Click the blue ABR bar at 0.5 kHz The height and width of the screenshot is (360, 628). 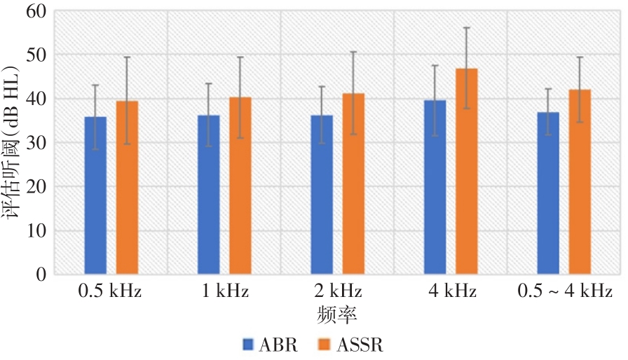click(95, 196)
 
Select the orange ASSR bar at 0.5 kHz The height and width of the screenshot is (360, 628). click(127, 188)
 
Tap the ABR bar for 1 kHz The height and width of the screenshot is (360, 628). click(209, 195)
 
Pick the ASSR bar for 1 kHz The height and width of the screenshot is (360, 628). click(240, 186)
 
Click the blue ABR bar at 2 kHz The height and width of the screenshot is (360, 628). click(322, 195)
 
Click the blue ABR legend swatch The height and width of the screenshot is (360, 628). click(248, 345)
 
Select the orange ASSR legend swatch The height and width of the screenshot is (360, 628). click(325, 345)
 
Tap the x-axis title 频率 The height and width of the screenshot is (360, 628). click(337, 312)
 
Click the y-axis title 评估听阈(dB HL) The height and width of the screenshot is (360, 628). click(13, 143)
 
